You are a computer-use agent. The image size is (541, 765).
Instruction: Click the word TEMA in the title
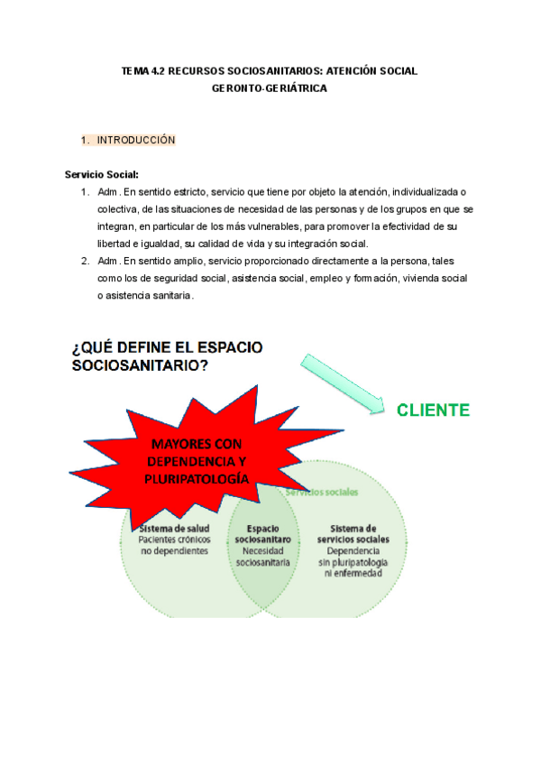pyautogui.click(x=134, y=70)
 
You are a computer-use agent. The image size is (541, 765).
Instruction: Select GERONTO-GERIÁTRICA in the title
pyautogui.click(x=270, y=89)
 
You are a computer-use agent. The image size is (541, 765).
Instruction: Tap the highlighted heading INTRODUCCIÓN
pyautogui.click(x=135, y=141)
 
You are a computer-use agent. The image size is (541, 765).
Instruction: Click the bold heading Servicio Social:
pyautogui.click(x=102, y=175)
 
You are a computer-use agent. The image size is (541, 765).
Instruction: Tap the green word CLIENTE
pyautogui.click(x=433, y=410)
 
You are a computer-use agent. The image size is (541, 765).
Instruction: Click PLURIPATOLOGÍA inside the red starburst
pyautogui.click(x=197, y=478)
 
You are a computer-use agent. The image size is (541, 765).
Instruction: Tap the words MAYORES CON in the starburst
pyautogui.click(x=195, y=444)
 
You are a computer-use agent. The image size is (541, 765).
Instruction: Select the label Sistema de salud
pyautogui.click(x=173, y=528)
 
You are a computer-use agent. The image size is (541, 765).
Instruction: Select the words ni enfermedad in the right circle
pyautogui.click(x=358, y=572)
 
